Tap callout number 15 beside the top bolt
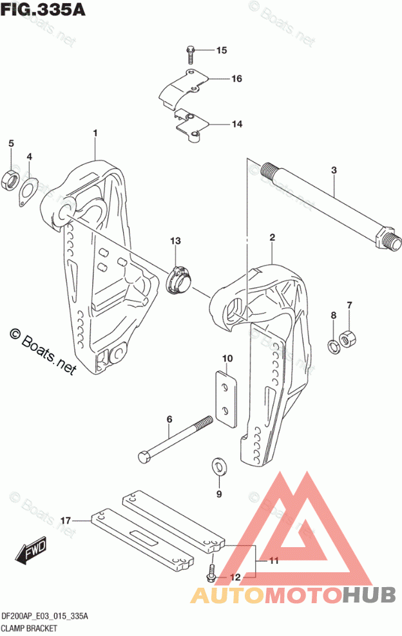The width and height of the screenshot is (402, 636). pos(221,50)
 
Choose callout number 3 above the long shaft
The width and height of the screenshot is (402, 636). pos(334,171)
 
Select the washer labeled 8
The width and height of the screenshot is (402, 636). pos(334,346)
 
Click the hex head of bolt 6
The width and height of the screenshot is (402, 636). pos(145,458)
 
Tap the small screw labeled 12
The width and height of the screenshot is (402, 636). pos(211,572)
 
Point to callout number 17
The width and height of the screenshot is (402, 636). pos(65,519)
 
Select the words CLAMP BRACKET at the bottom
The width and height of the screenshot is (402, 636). pos(30,627)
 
